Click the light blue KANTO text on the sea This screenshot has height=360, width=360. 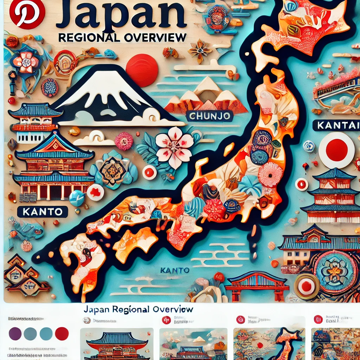[x=175, y=270]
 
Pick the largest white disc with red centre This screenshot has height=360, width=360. [x=336, y=150]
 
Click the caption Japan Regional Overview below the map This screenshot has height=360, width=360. [x=139, y=309]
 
